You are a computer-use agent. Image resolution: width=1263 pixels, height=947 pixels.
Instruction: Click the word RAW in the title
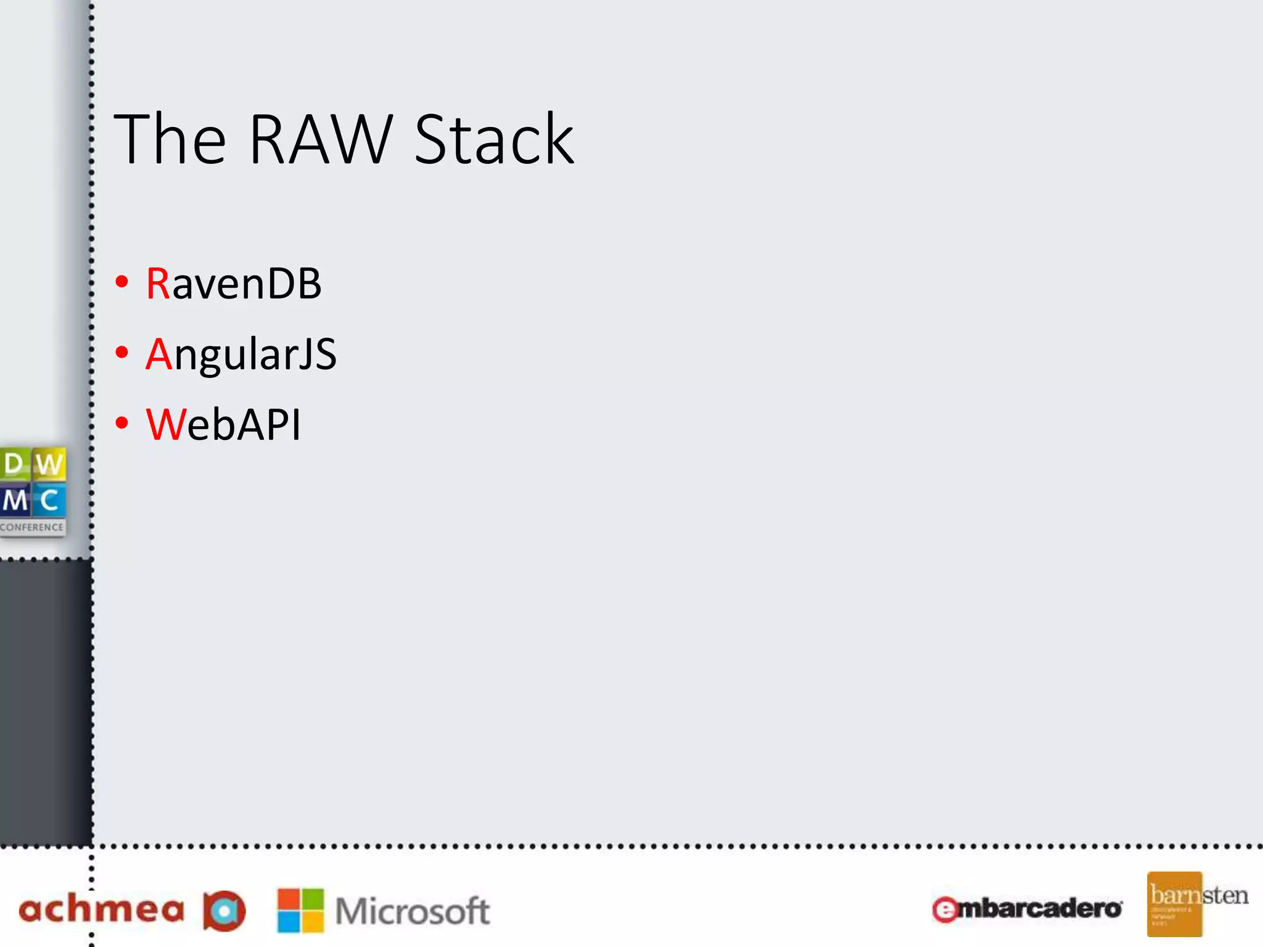click(320, 140)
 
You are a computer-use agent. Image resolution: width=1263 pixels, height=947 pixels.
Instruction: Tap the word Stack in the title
click(494, 140)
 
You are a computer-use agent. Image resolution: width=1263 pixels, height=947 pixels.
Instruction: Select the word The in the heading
click(170, 140)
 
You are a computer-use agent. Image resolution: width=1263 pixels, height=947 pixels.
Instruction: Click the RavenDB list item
click(234, 284)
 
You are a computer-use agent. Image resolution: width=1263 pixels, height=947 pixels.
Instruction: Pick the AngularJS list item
click(241, 355)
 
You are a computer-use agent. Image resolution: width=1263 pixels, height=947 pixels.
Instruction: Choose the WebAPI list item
click(223, 425)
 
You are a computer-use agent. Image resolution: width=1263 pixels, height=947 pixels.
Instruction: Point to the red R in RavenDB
click(158, 284)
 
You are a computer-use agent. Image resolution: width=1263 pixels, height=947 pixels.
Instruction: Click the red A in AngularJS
click(159, 355)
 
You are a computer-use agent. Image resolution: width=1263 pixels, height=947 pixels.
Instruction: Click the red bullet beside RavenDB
click(122, 282)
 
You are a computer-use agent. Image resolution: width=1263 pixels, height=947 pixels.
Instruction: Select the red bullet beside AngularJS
click(122, 352)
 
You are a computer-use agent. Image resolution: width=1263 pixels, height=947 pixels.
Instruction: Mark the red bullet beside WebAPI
click(122, 423)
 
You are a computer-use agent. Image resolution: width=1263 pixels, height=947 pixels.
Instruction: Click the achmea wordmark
click(102, 910)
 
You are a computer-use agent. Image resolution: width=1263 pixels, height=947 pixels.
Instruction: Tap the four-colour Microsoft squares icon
click(300, 910)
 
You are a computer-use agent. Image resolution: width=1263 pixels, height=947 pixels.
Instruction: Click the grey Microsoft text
click(413, 911)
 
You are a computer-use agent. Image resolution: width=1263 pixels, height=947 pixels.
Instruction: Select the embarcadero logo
click(1027, 909)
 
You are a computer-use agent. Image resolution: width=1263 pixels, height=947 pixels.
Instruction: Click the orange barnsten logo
click(1174, 904)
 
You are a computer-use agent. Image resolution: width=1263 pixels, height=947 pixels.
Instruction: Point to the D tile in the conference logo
click(14, 464)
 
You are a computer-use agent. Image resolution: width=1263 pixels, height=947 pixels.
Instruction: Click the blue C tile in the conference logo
click(49, 501)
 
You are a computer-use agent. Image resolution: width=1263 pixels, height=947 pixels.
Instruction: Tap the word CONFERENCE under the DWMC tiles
click(32, 527)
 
